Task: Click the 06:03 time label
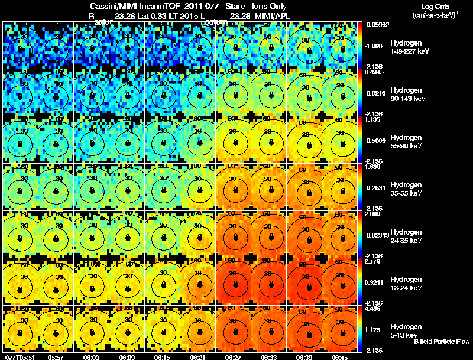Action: [91, 356]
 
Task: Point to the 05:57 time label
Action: [56, 356]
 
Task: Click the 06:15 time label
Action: [162, 356]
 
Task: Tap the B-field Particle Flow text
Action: [442, 342]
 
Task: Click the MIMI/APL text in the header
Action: [273, 15]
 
